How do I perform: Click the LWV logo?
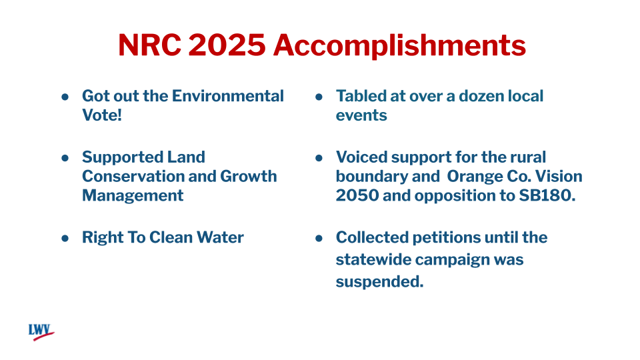[x=41, y=331]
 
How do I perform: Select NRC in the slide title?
[x=149, y=45]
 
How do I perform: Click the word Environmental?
[x=228, y=96]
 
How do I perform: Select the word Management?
[x=133, y=195]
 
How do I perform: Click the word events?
[x=361, y=115]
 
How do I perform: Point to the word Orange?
[x=475, y=176]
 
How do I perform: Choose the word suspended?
[x=379, y=281]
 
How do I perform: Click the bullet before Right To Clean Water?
[x=65, y=238]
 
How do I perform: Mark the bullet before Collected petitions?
[x=319, y=238]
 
